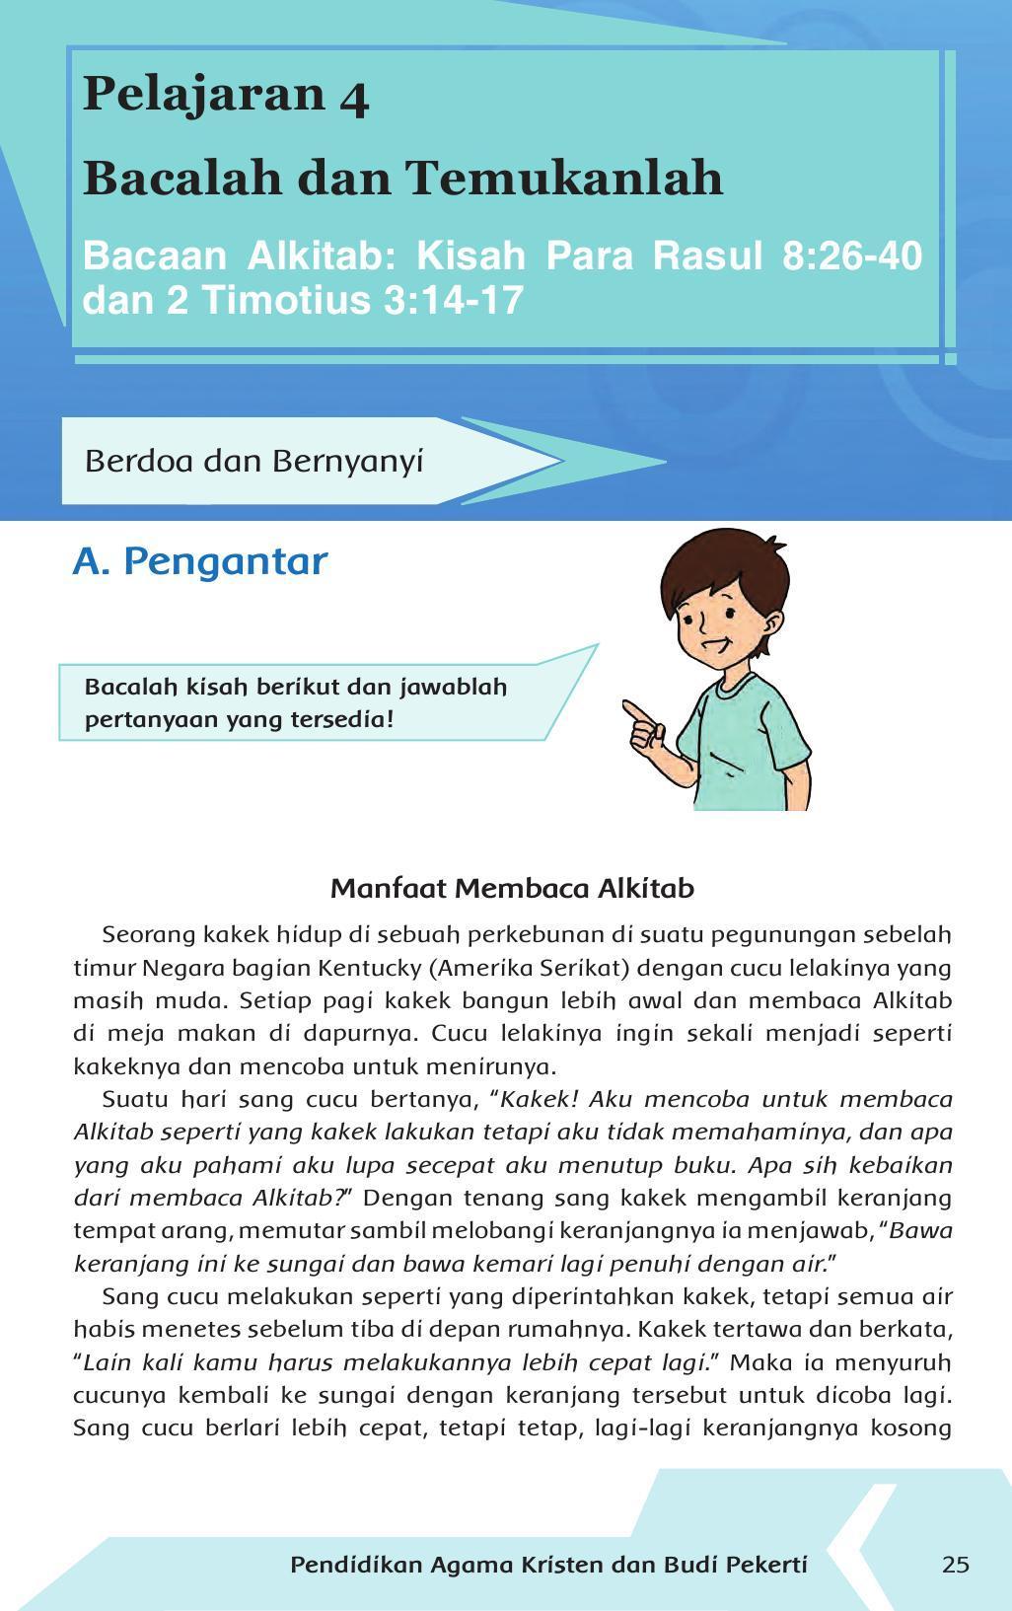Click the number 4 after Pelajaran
[354, 97]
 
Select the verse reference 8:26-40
[851, 256]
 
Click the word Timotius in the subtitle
[287, 300]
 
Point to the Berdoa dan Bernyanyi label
[253, 461]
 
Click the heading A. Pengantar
[200, 560]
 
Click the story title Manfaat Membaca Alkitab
[512, 889]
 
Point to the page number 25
[955, 1565]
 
